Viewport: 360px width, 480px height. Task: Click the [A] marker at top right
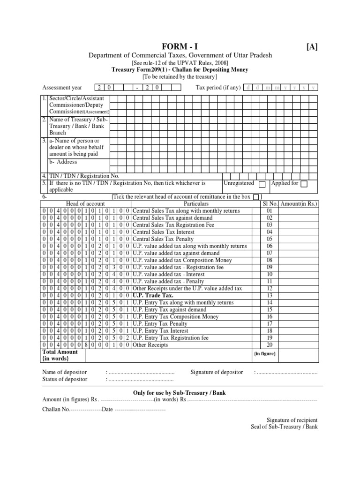coord(312,46)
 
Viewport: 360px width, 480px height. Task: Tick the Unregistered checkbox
coord(262,184)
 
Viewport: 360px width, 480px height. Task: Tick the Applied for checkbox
coord(304,184)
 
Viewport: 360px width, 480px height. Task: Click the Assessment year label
coord(62,88)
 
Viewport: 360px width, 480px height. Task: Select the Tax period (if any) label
coord(218,88)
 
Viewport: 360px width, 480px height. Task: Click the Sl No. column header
coord(270,204)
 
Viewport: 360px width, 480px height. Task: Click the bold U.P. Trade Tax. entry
coord(153,296)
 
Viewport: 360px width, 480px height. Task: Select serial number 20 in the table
coord(270,345)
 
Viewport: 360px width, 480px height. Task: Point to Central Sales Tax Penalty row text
coord(163,239)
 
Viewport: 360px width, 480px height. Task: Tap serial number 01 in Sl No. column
coord(270,211)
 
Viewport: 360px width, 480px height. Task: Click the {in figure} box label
coord(264,353)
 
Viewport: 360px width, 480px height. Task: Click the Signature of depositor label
coord(217,372)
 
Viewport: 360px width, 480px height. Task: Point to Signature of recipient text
coord(292,420)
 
